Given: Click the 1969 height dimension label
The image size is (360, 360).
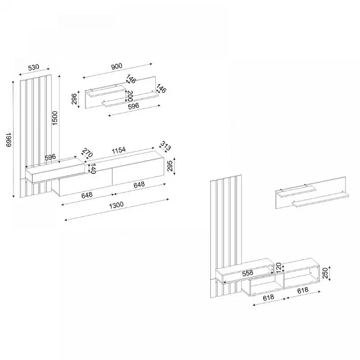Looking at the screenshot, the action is (9, 139).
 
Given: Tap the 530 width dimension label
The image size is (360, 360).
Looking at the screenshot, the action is (34, 68).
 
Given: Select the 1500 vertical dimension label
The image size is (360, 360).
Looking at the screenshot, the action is (55, 118).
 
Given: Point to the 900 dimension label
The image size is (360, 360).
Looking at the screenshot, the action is (117, 66).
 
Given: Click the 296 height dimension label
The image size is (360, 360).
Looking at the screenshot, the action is (74, 99).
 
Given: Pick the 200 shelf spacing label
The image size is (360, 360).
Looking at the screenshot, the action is (130, 96).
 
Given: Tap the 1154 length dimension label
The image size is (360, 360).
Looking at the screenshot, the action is (119, 150).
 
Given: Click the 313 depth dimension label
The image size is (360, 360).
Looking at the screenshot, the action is (166, 146).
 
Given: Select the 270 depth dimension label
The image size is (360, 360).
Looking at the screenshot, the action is (87, 153).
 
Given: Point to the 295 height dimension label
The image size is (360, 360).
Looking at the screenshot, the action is (170, 166).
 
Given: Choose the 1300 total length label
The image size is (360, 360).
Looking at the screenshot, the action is (116, 205).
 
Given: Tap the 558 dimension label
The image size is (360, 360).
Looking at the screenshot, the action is (248, 273).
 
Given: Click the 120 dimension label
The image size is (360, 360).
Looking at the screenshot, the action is (278, 268).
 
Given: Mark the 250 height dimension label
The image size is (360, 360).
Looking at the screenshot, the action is (325, 273).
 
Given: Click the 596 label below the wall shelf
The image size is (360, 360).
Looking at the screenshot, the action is (134, 106).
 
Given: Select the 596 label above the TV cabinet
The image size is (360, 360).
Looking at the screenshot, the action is (50, 157).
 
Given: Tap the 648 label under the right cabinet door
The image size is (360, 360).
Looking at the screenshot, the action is (139, 185).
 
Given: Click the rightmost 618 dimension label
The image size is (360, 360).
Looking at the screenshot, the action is (303, 291).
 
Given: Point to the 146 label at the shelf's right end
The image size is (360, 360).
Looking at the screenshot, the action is (161, 89).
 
